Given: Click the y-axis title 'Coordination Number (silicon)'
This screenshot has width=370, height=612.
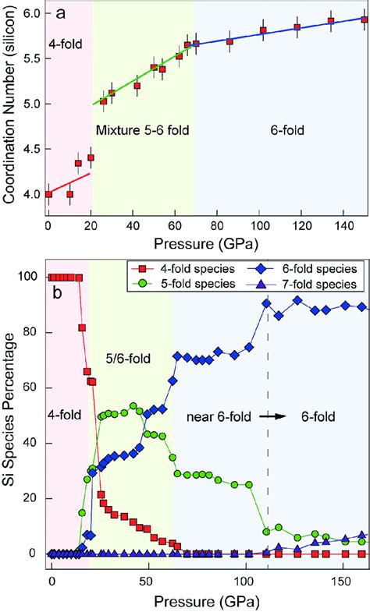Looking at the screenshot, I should point(11,109).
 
